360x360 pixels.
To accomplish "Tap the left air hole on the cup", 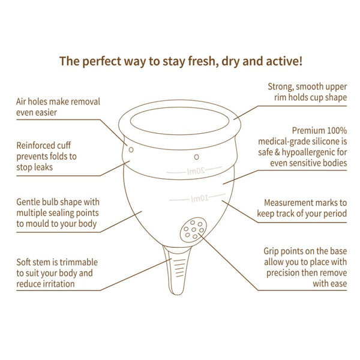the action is [131, 149].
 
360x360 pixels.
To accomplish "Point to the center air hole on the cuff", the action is [196, 157].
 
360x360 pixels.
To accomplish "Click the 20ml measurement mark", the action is [194, 171].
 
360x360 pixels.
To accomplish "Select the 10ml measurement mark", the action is [198, 198].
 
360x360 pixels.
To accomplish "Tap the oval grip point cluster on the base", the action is [193, 229].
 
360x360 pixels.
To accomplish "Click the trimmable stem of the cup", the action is [177, 271].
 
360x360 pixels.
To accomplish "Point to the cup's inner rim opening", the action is [180, 121].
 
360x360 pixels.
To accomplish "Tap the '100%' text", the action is [337, 131].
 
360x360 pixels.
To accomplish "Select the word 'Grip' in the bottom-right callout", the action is [271, 251].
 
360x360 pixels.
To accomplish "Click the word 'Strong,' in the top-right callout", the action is [281, 87].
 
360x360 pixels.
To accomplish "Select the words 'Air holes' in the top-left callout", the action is [31, 102].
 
